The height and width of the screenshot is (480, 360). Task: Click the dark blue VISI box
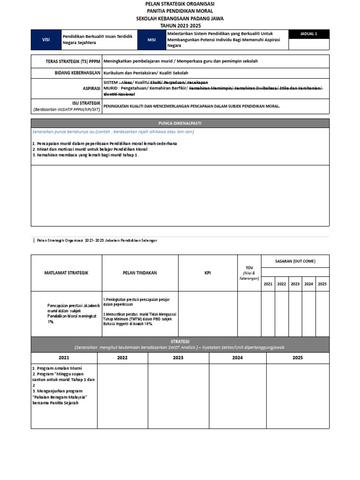pyautogui.click(x=46, y=40)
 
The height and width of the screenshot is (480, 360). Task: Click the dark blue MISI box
pyautogui.click(x=151, y=40)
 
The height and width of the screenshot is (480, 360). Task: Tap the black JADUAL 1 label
pyautogui.click(x=309, y=34)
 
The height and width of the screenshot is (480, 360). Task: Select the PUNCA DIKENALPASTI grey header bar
pyautogui.click(x=180, y=123)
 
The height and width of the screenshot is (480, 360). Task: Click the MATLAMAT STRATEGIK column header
pyautogui.click(x=66, y=273)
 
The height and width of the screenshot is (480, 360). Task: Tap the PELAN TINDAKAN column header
pyautogui.click(x=140, y=273)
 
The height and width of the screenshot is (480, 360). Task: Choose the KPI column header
pyautogui.click(x=207, y=273)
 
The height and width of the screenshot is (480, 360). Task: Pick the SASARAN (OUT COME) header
pyautogui.click(x=295, y=261)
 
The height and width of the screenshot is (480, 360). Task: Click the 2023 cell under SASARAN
pyautogui.click(x=295, y=284)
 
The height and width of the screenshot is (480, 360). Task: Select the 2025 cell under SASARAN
pyautogui.click(x=322, y=284)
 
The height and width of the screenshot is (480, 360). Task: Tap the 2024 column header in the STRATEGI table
pyautogui.click(x=237, y=358)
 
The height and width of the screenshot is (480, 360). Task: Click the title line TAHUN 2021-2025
pyautogui.click(x=180, y=26)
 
